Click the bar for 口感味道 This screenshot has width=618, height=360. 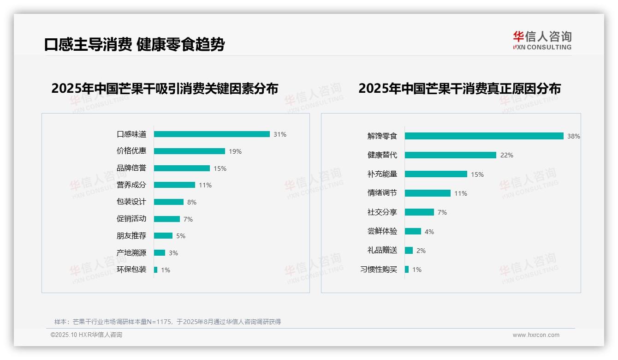click(x=212, y=134)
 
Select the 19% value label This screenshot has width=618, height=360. click(x=235, y=151)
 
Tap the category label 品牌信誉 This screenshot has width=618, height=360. click(x=131, y=168)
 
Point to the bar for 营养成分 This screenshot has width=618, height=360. click(x=174, y=185)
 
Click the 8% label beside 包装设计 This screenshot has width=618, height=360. click(x=192, y=202)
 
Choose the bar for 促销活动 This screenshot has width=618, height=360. click(x=167, y=219)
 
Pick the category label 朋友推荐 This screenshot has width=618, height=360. click(x=131, y=236)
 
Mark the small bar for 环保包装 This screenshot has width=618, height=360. click(x=156, y=270)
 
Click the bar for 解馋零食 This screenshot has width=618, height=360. click(x=484, y=136)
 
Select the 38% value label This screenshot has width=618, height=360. click(x=574, y=137)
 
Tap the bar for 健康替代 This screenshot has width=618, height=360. click(x=451, y=155)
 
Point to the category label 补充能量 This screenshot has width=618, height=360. click(x=382, y=174)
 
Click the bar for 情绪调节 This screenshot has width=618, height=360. click(x=428, y=193)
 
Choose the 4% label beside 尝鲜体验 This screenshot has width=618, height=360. click(x=429, y=232)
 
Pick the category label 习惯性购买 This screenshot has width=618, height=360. click(x=379, y=270)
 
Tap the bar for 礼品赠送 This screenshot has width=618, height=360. click(x=409, y=251)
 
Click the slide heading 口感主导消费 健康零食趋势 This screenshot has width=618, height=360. click(x=135, y=44)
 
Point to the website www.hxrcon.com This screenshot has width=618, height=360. click(x=536, y=335)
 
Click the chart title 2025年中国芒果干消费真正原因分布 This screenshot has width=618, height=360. click(x=459, y=89)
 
